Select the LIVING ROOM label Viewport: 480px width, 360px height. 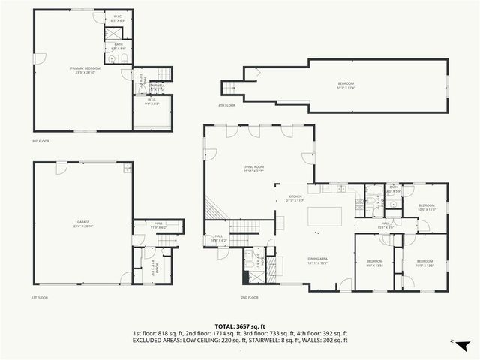pyautogui.click(x=253, y=168)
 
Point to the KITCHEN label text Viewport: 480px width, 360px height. pyautogui.click(x=295, y=198)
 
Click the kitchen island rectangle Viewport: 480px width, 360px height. pyautogui.click(x=325, y=217)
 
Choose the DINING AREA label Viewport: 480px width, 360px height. pyautogui.click(x=317, y=259)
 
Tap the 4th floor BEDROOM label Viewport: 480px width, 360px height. pyautogui.click(x=345, y=84)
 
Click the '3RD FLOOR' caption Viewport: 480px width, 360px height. pyautogui.click(x=40, y=141)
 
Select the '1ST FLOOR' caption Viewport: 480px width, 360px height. pyautogui.click(x=40, y=298)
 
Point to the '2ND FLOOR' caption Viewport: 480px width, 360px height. pyautogui.click(x=250, y=298)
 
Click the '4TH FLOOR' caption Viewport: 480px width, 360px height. pyautogui.click(x=226, y=105)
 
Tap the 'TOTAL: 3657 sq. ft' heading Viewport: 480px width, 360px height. pyautogui.click(x=240, y=325)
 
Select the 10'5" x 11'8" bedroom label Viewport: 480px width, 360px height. pyautogui.click(x=426, y=207)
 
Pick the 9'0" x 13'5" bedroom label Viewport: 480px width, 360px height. pyautogui.click(x=373, y=263)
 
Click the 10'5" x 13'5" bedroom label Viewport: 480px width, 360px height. pyautogui.click(x=426, y=263)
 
